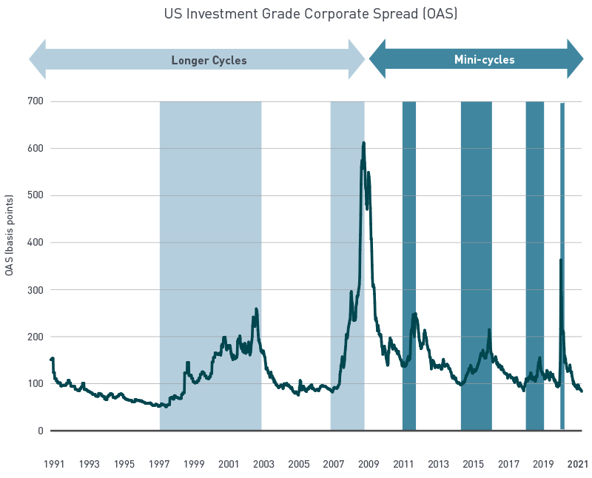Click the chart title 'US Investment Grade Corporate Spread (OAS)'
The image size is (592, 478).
coord(311,13)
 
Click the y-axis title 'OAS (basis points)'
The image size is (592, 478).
coord(10,236)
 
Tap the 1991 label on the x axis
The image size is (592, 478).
coord(53,464)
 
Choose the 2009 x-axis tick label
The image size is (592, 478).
coord(369,464)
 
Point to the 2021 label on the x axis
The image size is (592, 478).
coord(578,464)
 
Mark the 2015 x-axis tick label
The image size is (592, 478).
coord(473,464)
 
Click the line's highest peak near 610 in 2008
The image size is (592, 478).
coord(363,143)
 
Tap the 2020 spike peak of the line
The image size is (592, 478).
coord(560,260)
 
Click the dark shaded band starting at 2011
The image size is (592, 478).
coord(409,222)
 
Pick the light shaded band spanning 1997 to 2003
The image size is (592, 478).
coord(210,222)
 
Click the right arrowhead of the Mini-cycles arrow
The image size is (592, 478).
coord(576,59)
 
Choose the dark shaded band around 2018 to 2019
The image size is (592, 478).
coord(535,222)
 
